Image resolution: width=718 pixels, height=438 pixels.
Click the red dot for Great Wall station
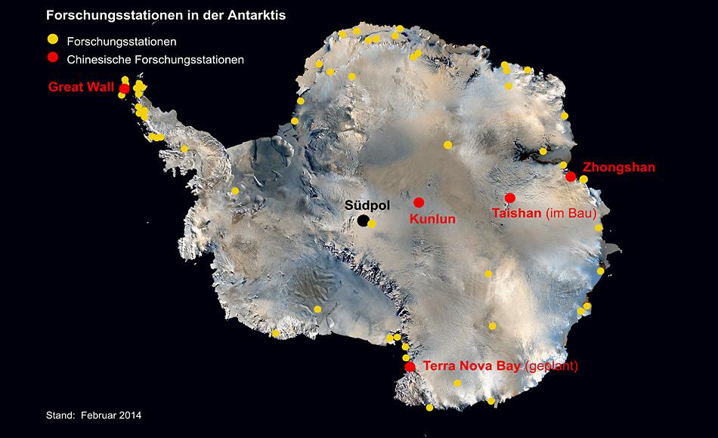click(124, 88)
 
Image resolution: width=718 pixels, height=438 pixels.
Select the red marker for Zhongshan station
click(571, 177)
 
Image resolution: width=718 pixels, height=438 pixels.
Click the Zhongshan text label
click(619, 168)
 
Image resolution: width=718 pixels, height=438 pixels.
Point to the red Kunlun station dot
click(419, 202)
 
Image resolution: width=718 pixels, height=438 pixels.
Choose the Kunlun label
click(433, 220)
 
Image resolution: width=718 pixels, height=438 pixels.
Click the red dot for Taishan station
click(510, 198)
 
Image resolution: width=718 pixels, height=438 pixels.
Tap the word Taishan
click(516, 214)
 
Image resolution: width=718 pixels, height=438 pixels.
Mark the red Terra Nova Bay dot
click(410, 367)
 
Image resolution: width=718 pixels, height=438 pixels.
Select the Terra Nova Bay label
click(472, 366)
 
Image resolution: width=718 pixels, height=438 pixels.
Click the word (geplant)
click(552, 366)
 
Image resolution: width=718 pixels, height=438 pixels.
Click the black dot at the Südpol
click(364, 221)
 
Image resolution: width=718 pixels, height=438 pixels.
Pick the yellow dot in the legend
click(52, 39)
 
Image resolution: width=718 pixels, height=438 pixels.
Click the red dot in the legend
click(52, 58)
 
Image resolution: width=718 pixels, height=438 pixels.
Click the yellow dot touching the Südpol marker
click(372, 224)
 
